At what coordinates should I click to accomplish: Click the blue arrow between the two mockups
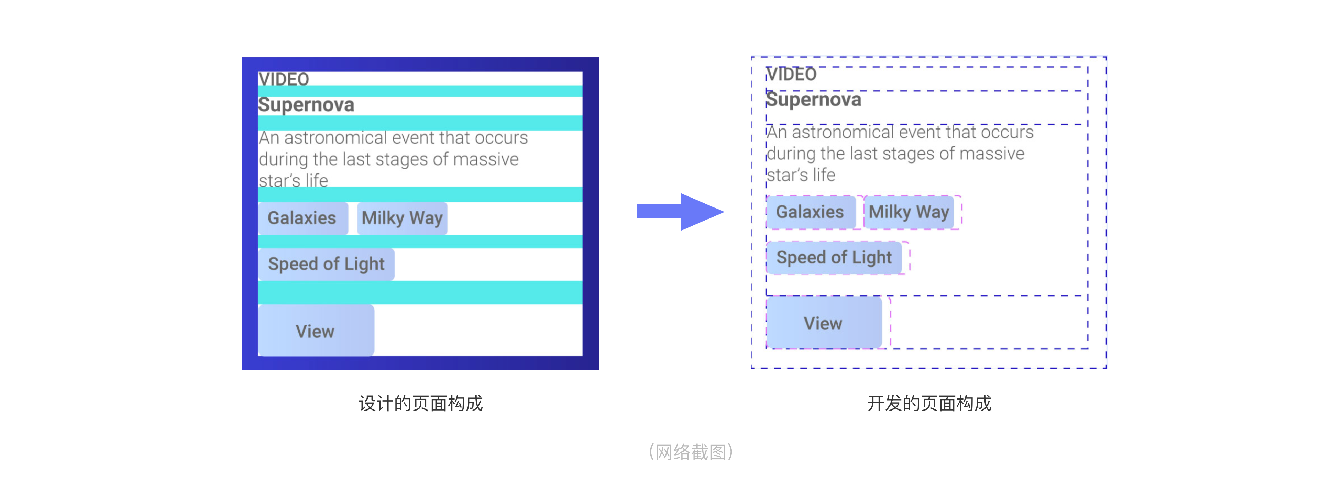pos(680,212)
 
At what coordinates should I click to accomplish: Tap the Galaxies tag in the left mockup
pos(303,218)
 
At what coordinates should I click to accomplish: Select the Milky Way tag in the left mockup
pos(402,218)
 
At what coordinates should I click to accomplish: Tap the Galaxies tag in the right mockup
pos(811,212)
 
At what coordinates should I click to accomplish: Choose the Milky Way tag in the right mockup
pos(909,212)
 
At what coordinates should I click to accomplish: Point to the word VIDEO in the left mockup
pos(284,79)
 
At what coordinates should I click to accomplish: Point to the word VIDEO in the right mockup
pos(791,74)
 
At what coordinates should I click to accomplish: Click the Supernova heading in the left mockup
pos(306,105)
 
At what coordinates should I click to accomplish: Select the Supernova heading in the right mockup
pos(814,99)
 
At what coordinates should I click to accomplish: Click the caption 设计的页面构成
pos(421,404)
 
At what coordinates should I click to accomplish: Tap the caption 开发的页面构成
pos(929,404)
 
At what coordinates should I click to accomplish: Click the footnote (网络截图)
pos(691,452)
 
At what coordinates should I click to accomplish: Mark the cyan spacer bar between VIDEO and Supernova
pos(420,91)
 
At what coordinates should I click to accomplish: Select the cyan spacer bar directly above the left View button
pos(420,292)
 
